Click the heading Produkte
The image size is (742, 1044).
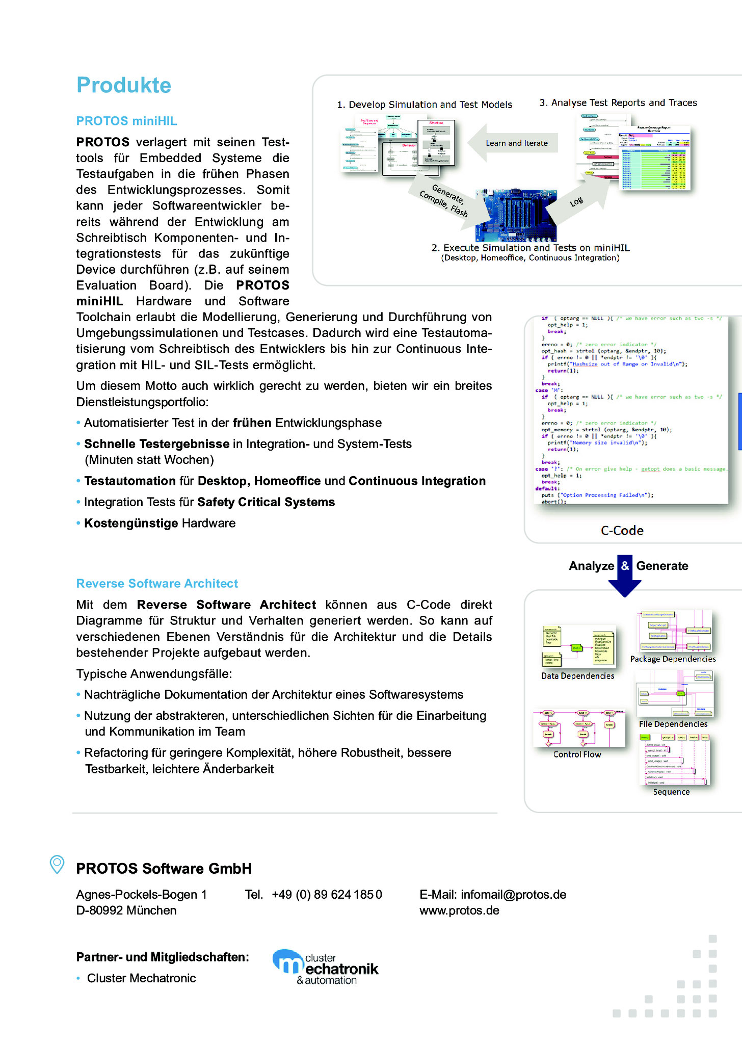pyautogui.click(x=124, y=85)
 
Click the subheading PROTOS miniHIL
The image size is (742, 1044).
pyautogui.click(x=126, y=121)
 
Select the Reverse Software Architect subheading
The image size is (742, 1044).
pyautogui.click(x=157, y=583)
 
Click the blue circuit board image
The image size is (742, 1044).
pyautogui.click(x=516, y=215)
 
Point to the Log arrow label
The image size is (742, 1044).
pyautogui.click(x=576, y=202)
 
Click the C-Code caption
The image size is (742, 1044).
pyautogui.click(x=622, y=530)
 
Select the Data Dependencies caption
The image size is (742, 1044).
pyautogui.click(x=577, y=675)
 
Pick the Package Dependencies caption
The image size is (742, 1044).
pyautogui.click(x=673, y=659)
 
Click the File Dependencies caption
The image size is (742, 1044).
pyautogui.click(x=673, y=724)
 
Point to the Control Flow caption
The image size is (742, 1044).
pyautogui.click(x=577, y=754)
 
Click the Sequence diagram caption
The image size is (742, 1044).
pyautogui.click(x=671, y=792)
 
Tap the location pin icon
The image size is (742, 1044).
pyautogui.click(x=57, y=864)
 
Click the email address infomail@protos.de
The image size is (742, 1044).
pyautogui.click(x=513, y=894)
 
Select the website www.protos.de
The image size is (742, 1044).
pyautogui.click(x=459, y=910)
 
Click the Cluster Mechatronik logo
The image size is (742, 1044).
pyautogui.click(x=326, y=967)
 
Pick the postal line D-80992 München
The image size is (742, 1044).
pyautogui.click(x=126, y=910)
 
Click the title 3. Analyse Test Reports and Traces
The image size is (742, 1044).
pyautogui.click(x=618, y=102)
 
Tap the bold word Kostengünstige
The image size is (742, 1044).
pyautogui.click(x=131, y=523)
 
